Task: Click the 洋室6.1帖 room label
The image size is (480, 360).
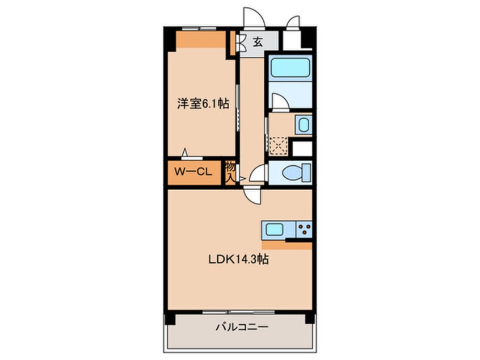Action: point(203,104)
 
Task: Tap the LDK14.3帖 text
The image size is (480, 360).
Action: point(237,260)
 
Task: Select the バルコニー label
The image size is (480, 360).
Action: point(241,328)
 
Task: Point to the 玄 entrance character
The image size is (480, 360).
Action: point(257,41)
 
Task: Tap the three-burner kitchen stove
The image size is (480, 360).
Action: point(303,231)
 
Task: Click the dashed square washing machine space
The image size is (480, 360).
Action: point(277,145)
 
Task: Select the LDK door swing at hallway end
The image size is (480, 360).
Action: point(252,195)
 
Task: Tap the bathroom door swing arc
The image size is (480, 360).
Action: point(279,102)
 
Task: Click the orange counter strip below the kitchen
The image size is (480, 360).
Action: point(287,245)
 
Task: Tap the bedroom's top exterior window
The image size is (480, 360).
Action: point(199,27)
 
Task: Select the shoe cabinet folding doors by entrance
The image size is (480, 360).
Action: point(241,41)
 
